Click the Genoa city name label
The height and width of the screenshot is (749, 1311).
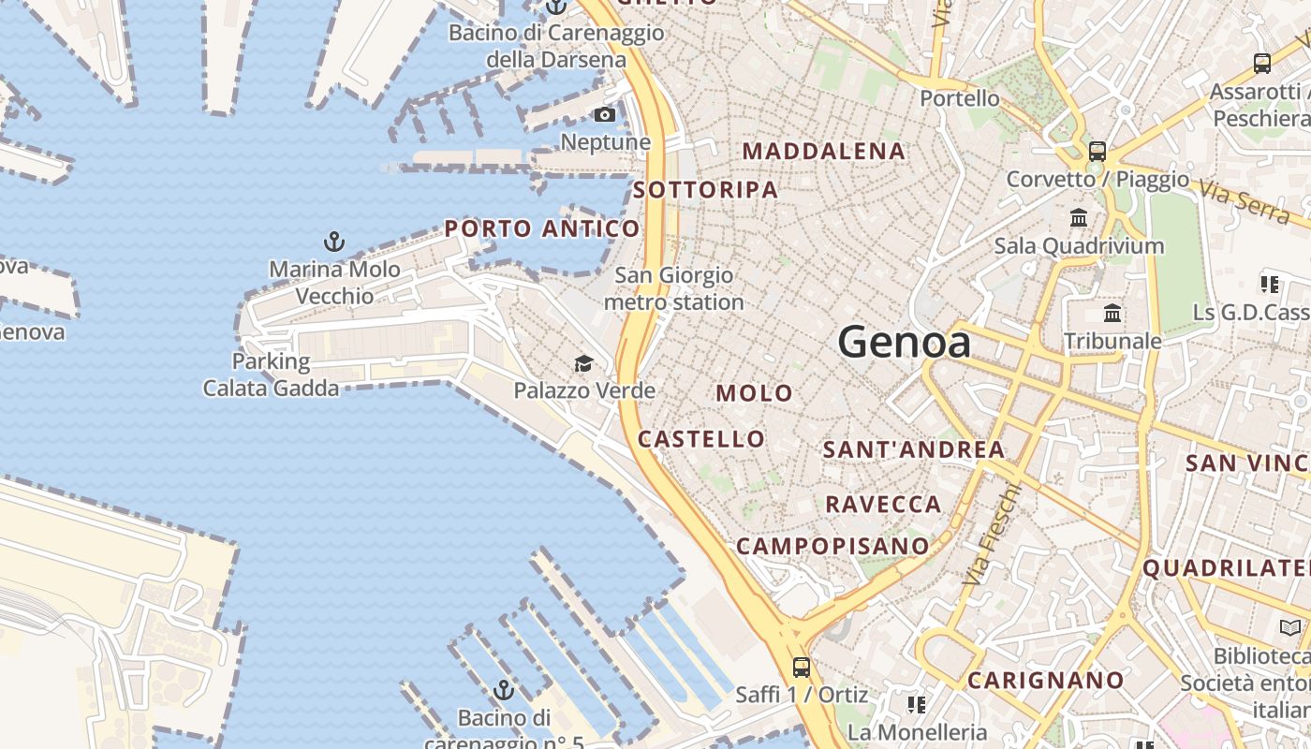(904, 343)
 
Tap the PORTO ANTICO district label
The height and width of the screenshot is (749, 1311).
(542, 228)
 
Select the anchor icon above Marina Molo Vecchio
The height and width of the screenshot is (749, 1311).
(334, 242)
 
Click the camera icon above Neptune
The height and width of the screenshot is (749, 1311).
(605, 115)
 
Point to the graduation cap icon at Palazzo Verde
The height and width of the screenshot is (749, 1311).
(583, 363)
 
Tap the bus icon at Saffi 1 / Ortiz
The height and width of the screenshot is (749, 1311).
(802, 668)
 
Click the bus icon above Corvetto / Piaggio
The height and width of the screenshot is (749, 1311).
(1097, 151)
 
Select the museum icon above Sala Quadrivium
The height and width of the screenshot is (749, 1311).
(1079, 218)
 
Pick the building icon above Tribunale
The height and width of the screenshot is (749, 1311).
(1112, 313)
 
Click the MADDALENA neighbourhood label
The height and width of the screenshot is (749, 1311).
(824, 152)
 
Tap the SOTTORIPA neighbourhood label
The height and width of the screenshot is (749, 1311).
(705, 190)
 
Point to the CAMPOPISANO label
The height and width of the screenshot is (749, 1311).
(832, 546)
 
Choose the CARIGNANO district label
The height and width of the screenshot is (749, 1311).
(1045, 681)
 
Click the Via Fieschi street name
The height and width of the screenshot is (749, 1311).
(991, 535)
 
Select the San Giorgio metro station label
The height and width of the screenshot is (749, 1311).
(673, 289)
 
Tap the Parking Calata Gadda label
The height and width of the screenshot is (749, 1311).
(271, 374)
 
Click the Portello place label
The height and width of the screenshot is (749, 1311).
(959, 98)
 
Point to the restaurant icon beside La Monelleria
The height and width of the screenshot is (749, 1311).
(916, 703)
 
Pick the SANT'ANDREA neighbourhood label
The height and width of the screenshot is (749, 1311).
(913, 450)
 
